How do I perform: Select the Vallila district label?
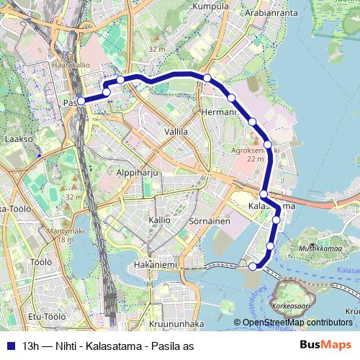176,132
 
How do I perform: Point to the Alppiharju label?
137,174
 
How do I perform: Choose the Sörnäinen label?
209,221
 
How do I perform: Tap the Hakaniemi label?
151,264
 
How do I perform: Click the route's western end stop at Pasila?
82,102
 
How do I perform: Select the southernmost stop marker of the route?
253,266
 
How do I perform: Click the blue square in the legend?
9,346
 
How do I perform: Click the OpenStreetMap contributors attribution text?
297,323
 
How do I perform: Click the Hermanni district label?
218,112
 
